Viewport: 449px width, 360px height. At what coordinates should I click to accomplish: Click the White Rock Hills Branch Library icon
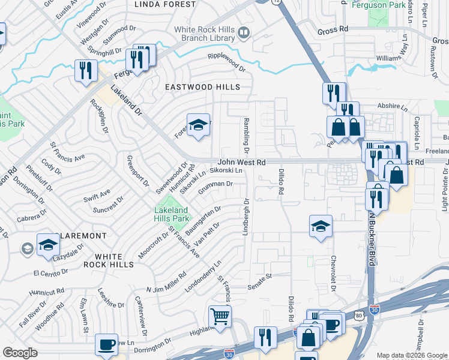coord(244,32)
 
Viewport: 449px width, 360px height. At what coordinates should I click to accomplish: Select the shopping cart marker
coord(220,316)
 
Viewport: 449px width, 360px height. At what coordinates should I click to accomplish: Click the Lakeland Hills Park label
coord(172,215)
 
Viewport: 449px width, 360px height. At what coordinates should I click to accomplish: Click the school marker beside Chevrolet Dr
coord(321,226)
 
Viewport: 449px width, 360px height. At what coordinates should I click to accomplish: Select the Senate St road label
coord(261,276)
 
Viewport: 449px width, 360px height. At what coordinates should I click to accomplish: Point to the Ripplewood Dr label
coord(226,61)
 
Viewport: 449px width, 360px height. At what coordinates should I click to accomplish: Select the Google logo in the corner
coord(20,353)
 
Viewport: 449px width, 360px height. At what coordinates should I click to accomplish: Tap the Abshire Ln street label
coord(393,106)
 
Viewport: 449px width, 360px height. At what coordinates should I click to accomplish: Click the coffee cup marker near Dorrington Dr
coord(106,344)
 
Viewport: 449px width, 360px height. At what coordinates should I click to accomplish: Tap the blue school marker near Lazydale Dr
coord(48,245)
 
